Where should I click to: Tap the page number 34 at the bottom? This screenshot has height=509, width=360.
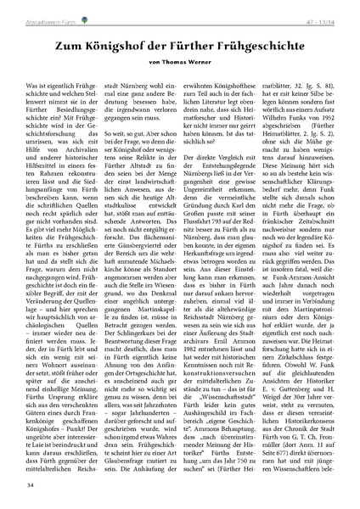click(31, 484)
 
